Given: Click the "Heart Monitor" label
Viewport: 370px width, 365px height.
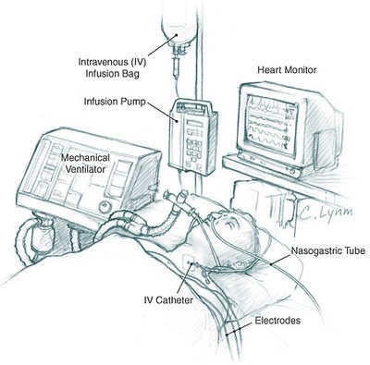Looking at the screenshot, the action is click(x=287, y=70).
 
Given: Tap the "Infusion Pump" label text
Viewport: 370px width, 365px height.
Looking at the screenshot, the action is click(x=115, y=102).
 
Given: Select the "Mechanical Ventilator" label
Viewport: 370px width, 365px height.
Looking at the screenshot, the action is click(x=85, y=164).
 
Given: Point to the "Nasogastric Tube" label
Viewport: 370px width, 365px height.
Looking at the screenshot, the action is click(x=328, y=250).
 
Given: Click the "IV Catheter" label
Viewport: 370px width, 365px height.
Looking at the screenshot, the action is click(x=168, y=299).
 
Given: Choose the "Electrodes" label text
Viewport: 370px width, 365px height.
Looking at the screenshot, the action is click(x=277, y=321).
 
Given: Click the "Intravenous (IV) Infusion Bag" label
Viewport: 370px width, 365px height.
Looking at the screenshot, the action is click(x=112, y=67).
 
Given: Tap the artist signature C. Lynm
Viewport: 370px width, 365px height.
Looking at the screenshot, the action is click(x=326, y=213).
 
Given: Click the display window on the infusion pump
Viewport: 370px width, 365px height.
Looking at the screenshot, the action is click(x=195, y=124).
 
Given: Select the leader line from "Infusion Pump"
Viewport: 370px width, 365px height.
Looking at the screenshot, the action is click(x=162, y=111).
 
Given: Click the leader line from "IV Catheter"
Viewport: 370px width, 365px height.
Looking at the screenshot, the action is click(x=185, y=278).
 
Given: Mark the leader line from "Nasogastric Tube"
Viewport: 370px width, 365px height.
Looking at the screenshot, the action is click(x=280, y=259).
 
